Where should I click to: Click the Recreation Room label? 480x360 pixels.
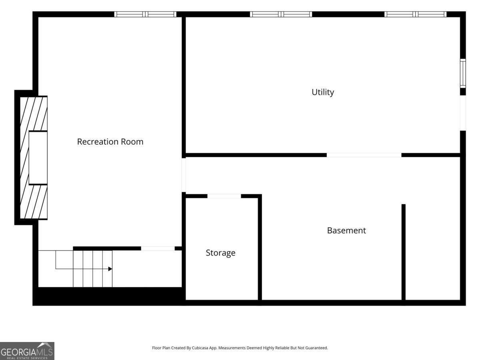tap(110, 142)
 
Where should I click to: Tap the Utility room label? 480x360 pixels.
tap(323, 92)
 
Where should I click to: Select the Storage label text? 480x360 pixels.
tap(220, 253)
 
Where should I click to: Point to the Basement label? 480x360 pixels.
tap(346, 230)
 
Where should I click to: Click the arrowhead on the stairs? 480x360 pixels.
tap(110, 269)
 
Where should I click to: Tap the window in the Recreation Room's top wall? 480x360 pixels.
tap(145, 14)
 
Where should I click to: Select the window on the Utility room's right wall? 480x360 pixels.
tap(463, 74)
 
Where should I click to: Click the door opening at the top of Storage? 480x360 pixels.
tap(224, 196)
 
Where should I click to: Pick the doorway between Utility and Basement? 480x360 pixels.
tap(364, 155)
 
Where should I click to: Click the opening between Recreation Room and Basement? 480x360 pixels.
tap(184, 175)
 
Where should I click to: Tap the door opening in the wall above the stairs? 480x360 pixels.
tap(158, 248)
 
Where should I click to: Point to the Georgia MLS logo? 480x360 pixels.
tap(27, 351)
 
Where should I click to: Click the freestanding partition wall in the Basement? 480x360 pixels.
tap(404, 252)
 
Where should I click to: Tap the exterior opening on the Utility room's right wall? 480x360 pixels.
tap(463, 113)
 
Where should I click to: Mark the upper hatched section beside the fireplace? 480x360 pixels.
tap(34, 114)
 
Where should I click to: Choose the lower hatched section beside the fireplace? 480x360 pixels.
tap(34, 202)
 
